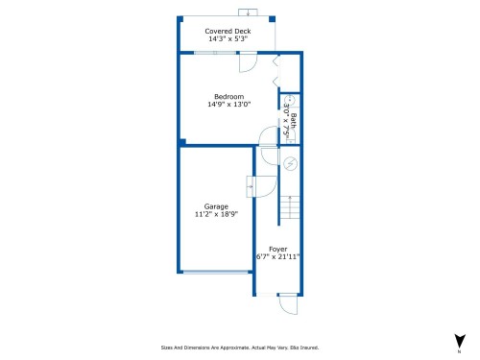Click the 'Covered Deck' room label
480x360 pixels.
click(228, 31)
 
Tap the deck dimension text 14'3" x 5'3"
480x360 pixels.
click(228, 39)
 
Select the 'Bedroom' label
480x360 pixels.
click(228, 96)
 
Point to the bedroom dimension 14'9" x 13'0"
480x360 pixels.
click(228, 105)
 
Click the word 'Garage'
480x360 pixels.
click(216, 206)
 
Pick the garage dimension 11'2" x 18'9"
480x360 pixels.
click(216, 215)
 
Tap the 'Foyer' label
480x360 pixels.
click(277, 249)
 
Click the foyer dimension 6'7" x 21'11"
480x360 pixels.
click(277, 257)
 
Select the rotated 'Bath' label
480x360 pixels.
click(294, 122)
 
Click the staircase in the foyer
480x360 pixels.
click(291, 206)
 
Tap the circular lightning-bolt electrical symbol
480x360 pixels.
click(291, 164)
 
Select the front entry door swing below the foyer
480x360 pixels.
click(286, 304)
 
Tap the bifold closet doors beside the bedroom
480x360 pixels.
click(276, 73)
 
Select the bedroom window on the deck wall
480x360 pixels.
click(215, 53)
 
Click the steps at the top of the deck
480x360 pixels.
click(249, 12)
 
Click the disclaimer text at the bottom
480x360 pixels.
click(239, 348)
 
